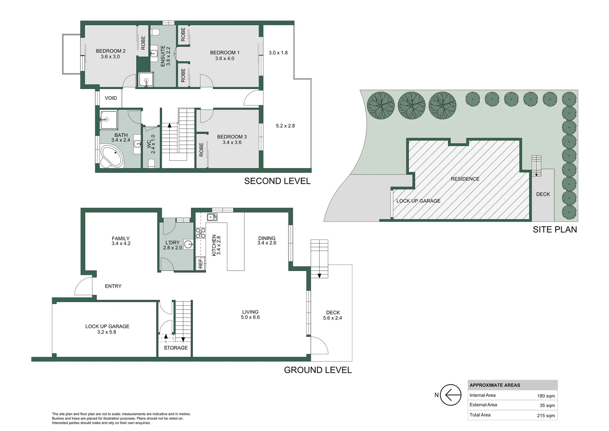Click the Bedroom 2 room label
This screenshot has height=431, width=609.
(111, 51)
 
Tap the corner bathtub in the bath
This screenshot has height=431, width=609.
(112, 156)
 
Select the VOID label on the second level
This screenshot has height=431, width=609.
(111, 98)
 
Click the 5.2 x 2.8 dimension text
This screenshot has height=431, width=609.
(285, 126)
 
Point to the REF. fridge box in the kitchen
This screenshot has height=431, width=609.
(200, 263)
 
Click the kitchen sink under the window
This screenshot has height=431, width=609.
(212, 217)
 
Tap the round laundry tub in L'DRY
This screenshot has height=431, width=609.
(189, 244)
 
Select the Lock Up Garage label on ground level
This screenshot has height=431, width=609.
(107, 326)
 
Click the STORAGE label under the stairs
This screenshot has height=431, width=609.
(176, 348)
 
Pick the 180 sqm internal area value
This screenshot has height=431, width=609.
(546, 396)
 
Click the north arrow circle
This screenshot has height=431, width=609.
(450, 395)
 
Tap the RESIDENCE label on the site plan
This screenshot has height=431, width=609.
(465, 179)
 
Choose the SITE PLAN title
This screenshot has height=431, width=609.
(555, 229)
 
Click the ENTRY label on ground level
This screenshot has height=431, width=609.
(113, 286)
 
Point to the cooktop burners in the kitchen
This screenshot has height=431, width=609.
(200, 233)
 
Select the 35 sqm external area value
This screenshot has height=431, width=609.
(547, 405)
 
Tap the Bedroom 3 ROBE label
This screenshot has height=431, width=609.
(201, 150)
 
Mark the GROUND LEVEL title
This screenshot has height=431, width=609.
(318, 370)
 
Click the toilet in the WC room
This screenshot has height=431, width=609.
(151, 163)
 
